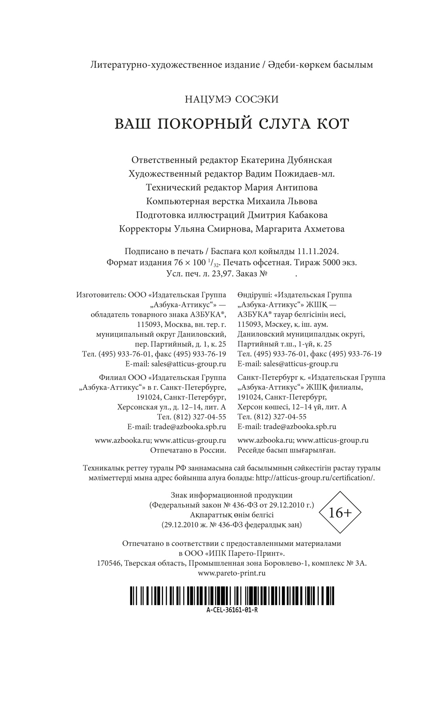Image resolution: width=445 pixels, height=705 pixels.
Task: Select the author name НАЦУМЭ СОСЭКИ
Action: click(x=231, y=99)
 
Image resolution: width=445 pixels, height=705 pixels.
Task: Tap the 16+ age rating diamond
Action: click(x=340, y=513)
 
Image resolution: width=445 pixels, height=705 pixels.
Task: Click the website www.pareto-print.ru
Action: click(x=232, y=573)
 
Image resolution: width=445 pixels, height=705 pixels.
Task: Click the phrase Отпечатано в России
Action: click(x=188, y=450)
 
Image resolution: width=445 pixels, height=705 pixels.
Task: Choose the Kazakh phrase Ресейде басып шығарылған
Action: click(x=287, y=450)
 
